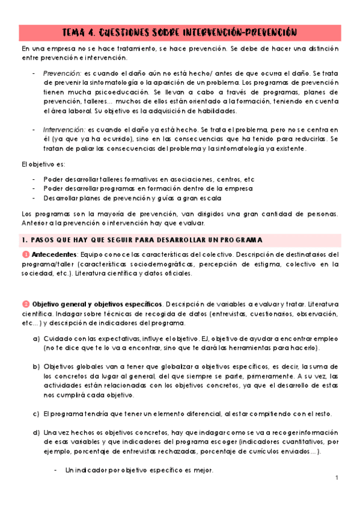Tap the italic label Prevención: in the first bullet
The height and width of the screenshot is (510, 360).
(x=62, y=73)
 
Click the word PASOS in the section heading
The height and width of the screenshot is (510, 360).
(x=44, y=239)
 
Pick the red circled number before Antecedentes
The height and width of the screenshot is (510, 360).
(x=25, y=254)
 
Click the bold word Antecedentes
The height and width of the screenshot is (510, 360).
(x=54, y=254)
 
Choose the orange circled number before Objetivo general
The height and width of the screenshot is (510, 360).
(x=25, y=304)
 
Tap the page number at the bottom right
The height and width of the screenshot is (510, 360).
(x=337, y=479)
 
